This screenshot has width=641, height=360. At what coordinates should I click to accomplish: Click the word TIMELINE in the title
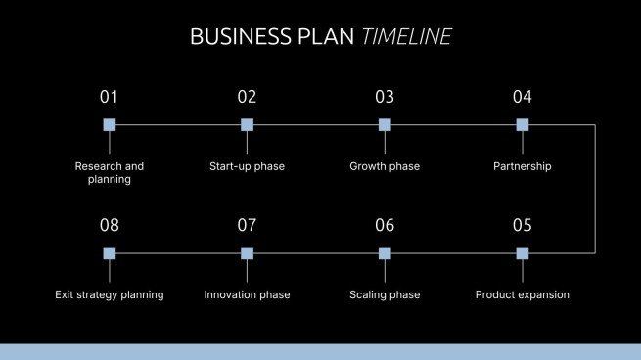click(x=406, y=37)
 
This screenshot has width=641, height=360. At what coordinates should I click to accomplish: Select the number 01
click(x=109, y=97)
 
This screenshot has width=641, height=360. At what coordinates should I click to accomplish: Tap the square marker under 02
click(x=247, y=124)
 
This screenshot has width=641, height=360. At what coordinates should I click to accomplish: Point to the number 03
click(x=385, y=97)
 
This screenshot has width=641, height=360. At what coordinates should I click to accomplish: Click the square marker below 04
click(x=523, y=124)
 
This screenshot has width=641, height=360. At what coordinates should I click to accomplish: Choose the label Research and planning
click(x=110, y=173)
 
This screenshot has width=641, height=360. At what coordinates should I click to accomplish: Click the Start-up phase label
click(x=247, y=166)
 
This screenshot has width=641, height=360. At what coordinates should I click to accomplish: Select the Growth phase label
click(x=385, y=166)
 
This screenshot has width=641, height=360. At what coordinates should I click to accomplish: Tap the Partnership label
click(x=523, y=166)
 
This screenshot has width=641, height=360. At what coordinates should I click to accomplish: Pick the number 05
click(x=523, y=226)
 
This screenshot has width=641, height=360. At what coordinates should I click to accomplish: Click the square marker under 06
click(x=385, y=252)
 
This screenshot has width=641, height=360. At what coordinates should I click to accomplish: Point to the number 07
click(x=247, y=226)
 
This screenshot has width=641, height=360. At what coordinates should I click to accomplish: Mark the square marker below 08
click(x=110, y=252)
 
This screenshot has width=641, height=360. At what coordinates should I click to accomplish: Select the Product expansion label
click(x=523, y=294)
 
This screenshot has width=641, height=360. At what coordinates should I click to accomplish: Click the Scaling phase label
click(x=385, y=294)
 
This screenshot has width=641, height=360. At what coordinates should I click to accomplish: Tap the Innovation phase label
click(x=247, y=294)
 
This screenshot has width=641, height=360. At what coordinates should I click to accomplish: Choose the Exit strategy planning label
click(x=110, y=294)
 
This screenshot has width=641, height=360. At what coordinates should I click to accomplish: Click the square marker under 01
click(x=110, y=124)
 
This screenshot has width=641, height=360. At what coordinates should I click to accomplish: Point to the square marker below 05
click(x=523, y=252)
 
